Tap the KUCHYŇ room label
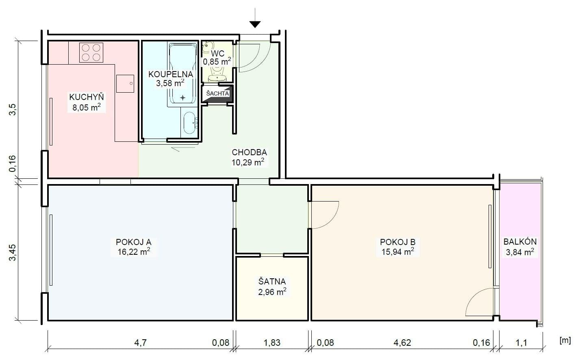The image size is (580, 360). (87, 97)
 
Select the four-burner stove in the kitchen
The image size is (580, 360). (91, 53)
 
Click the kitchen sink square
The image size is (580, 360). (125, 84)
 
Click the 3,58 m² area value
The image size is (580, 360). (170, 83)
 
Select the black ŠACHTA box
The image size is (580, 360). (218, 94)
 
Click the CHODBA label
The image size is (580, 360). (249, 152)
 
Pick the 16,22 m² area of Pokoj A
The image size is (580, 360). (134, 252)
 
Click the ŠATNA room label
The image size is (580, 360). (272, 281)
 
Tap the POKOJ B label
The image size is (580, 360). (398, 242)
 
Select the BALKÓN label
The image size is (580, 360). (520, 241)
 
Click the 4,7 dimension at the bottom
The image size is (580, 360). (140, 343)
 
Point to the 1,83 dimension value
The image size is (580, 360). (272, 343)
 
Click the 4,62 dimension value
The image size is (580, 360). (402, 343)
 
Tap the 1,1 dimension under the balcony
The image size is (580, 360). (521, 343)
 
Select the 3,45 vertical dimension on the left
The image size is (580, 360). (13, 252)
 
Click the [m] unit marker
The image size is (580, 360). (565, 340)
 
